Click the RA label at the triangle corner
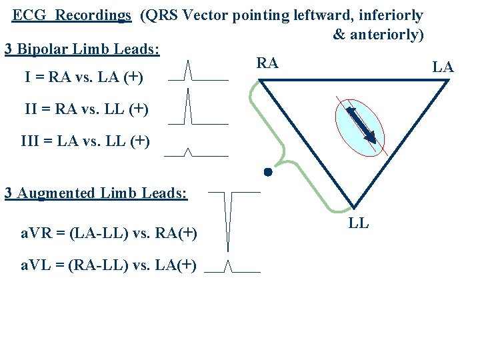267,63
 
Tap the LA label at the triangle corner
443,67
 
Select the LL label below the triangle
359,223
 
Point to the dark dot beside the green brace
267,172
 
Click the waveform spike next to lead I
188,70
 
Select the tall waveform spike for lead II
189,107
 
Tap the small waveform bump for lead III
188,153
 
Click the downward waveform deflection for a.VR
229,220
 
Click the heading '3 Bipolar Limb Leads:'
82,49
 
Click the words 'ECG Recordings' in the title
72,15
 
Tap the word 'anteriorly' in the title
387,34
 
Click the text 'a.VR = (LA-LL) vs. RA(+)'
107,233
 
